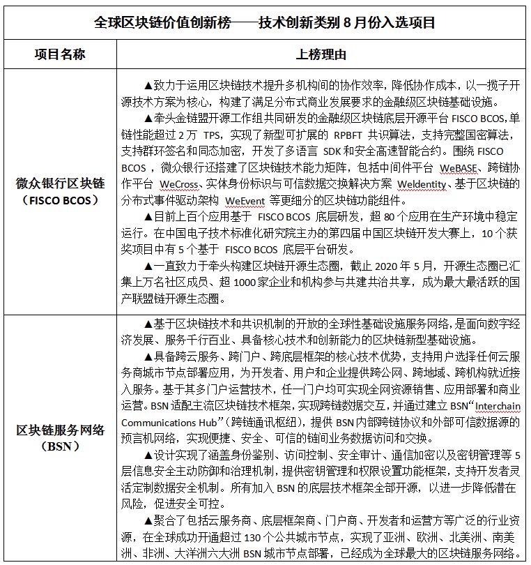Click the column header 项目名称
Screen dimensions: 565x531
[x=60, y=54]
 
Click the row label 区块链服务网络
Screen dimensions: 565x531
[x=60, y=430]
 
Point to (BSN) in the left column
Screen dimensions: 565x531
[x=60, y=446]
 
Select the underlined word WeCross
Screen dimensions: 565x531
[x=178, y=184]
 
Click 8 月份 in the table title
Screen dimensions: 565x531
[x=359, y=22]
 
